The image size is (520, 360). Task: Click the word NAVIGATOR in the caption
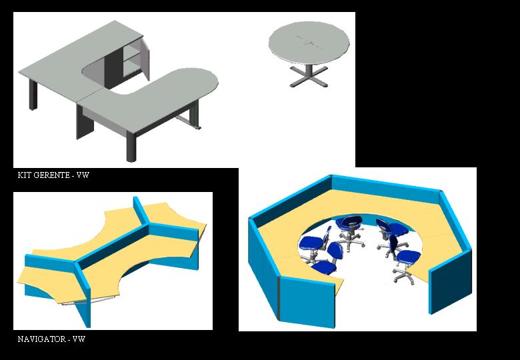[41, 339]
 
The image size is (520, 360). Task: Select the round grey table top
[309, 43]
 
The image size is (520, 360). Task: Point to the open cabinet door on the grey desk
[145, 59]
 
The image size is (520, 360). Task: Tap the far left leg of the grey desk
[33, 95]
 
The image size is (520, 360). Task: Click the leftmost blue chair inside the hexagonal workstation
[313, 245]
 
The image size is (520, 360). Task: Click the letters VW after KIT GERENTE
[83, 175]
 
